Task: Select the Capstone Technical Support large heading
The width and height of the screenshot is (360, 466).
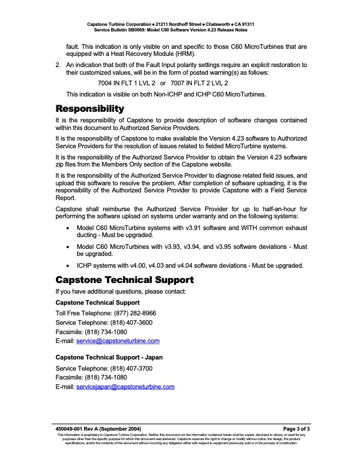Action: click(x=124, y=279)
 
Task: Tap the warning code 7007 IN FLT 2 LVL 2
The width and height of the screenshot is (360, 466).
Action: click(x=199, y=84)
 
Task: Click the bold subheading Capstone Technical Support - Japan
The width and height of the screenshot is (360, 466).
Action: click(x=109, y=357)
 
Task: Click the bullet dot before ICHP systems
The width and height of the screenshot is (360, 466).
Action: click(x=71, y=265)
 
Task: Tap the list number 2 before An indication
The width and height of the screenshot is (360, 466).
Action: click(x=57, y=64)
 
